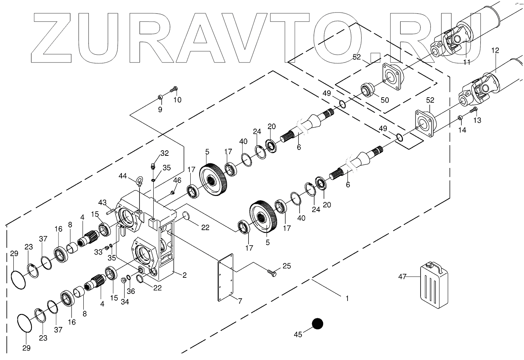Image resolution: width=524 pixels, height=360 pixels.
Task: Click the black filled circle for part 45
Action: (x=317, y=324)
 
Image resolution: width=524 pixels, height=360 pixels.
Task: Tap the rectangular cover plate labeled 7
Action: (x=226, y=277)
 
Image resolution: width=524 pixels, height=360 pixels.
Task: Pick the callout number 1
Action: (x=347, y=298)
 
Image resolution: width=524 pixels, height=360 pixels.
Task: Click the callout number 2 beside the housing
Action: (x=184, y=275)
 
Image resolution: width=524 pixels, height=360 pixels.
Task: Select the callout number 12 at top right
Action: (x=495, y=50)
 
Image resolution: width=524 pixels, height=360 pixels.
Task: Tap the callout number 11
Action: (x=467, y=62)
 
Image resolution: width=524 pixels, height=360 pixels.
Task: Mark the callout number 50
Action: (x=384, y=100)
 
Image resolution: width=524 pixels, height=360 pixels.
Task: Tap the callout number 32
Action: (x=164, y=153)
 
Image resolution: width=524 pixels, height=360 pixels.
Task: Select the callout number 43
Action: (x=103, y=202)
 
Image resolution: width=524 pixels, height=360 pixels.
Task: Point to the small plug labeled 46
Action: (x=172, y=192)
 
